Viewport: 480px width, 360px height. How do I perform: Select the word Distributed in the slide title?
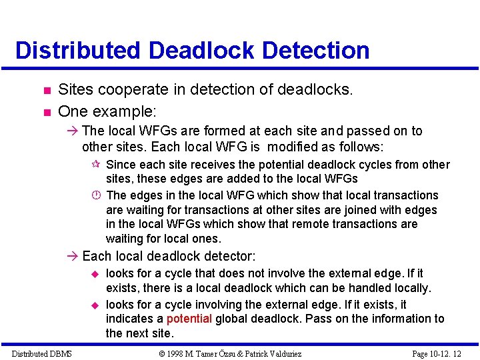pos(77,51)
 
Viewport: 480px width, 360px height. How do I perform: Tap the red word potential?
pos(189,319)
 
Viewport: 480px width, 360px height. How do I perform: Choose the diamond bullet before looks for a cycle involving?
pos(95,304)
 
